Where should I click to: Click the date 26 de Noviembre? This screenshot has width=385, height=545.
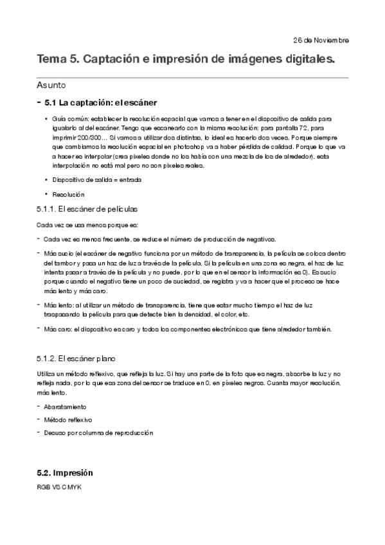pos(321,40)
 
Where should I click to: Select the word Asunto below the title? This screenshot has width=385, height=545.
pos(51,85)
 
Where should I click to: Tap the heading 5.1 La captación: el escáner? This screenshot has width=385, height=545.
pos(100,102)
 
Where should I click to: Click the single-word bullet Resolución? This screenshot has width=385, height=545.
pos(69,194)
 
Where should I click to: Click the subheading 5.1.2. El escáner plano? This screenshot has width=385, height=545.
pos(76,357)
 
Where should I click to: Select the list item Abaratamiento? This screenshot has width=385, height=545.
pos(65,407)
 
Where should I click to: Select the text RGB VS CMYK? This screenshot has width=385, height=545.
pos(59,487)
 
